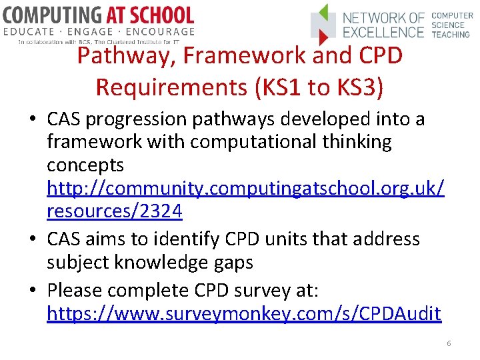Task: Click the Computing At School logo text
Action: tap(99, 14)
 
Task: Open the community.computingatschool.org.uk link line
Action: tap(245, 189)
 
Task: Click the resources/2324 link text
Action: tap(114, 211)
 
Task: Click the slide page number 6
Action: tap(449, 343)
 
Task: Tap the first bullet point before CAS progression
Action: tap(33, 120)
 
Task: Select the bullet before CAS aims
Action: tap(33, 239)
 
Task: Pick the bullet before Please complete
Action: tap(33, 291)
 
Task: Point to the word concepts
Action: tap(85, 165)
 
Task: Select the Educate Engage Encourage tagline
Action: tap(99, 31)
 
